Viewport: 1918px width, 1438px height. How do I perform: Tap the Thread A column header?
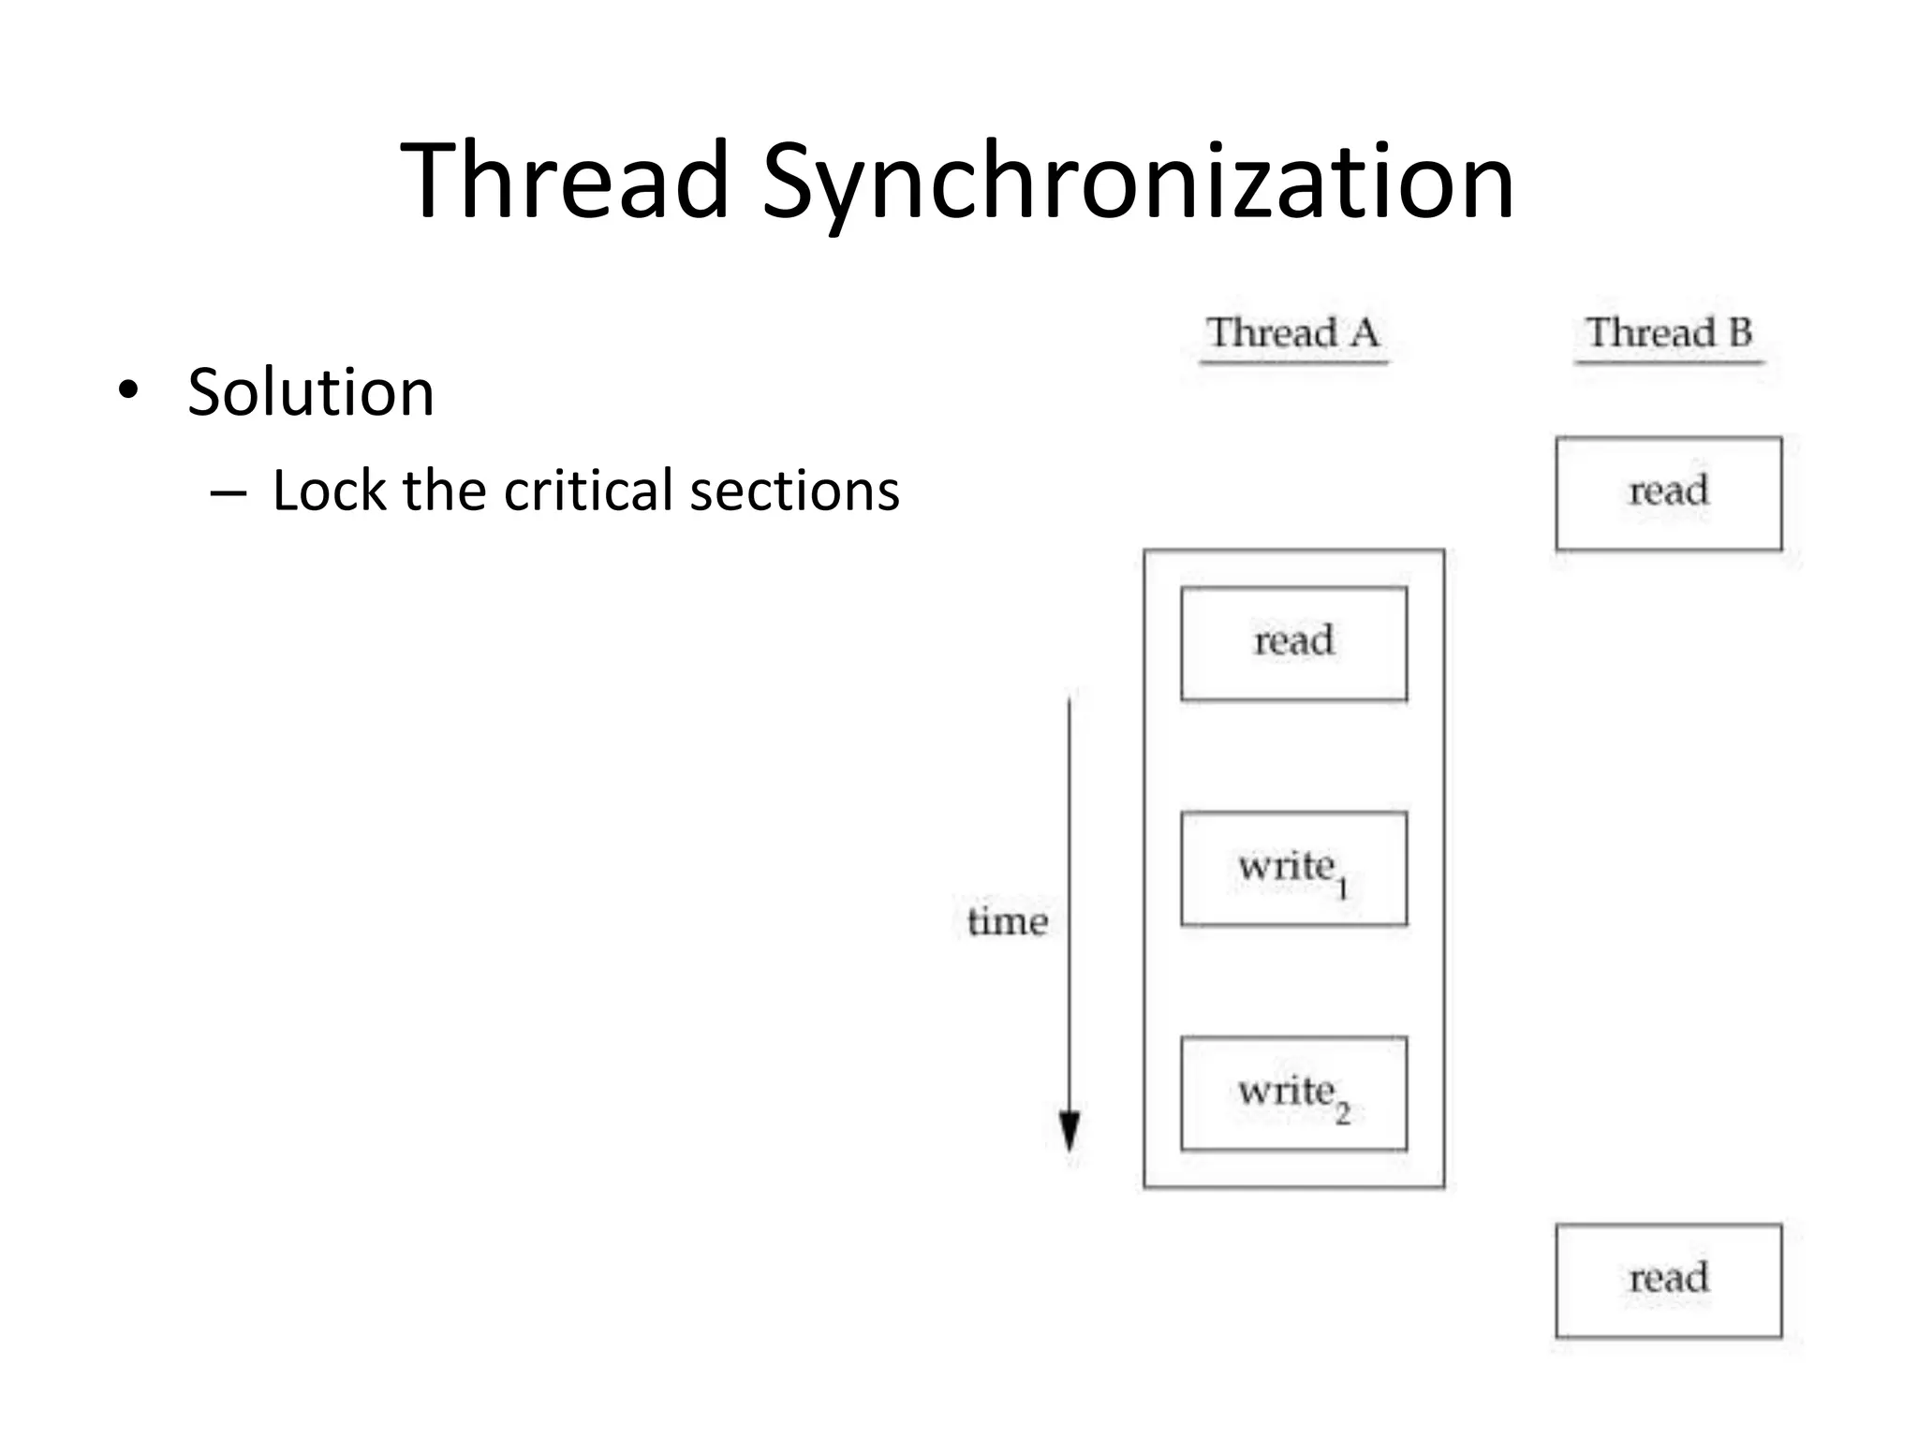1292,333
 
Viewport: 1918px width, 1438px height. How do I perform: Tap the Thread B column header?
1668,333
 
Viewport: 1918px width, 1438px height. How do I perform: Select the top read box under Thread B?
1668,492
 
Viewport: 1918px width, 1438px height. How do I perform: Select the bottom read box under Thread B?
1668,1280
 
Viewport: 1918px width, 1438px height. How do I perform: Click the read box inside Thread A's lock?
1293,643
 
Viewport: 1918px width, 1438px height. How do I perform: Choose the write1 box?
1293,868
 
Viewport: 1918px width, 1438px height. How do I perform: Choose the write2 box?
1293,1093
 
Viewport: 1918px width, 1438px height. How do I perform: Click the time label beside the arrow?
1007,922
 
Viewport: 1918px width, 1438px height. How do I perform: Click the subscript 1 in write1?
1342,888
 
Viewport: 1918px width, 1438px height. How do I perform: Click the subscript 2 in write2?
1343,1113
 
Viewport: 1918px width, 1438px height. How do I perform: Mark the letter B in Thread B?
1740,333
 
